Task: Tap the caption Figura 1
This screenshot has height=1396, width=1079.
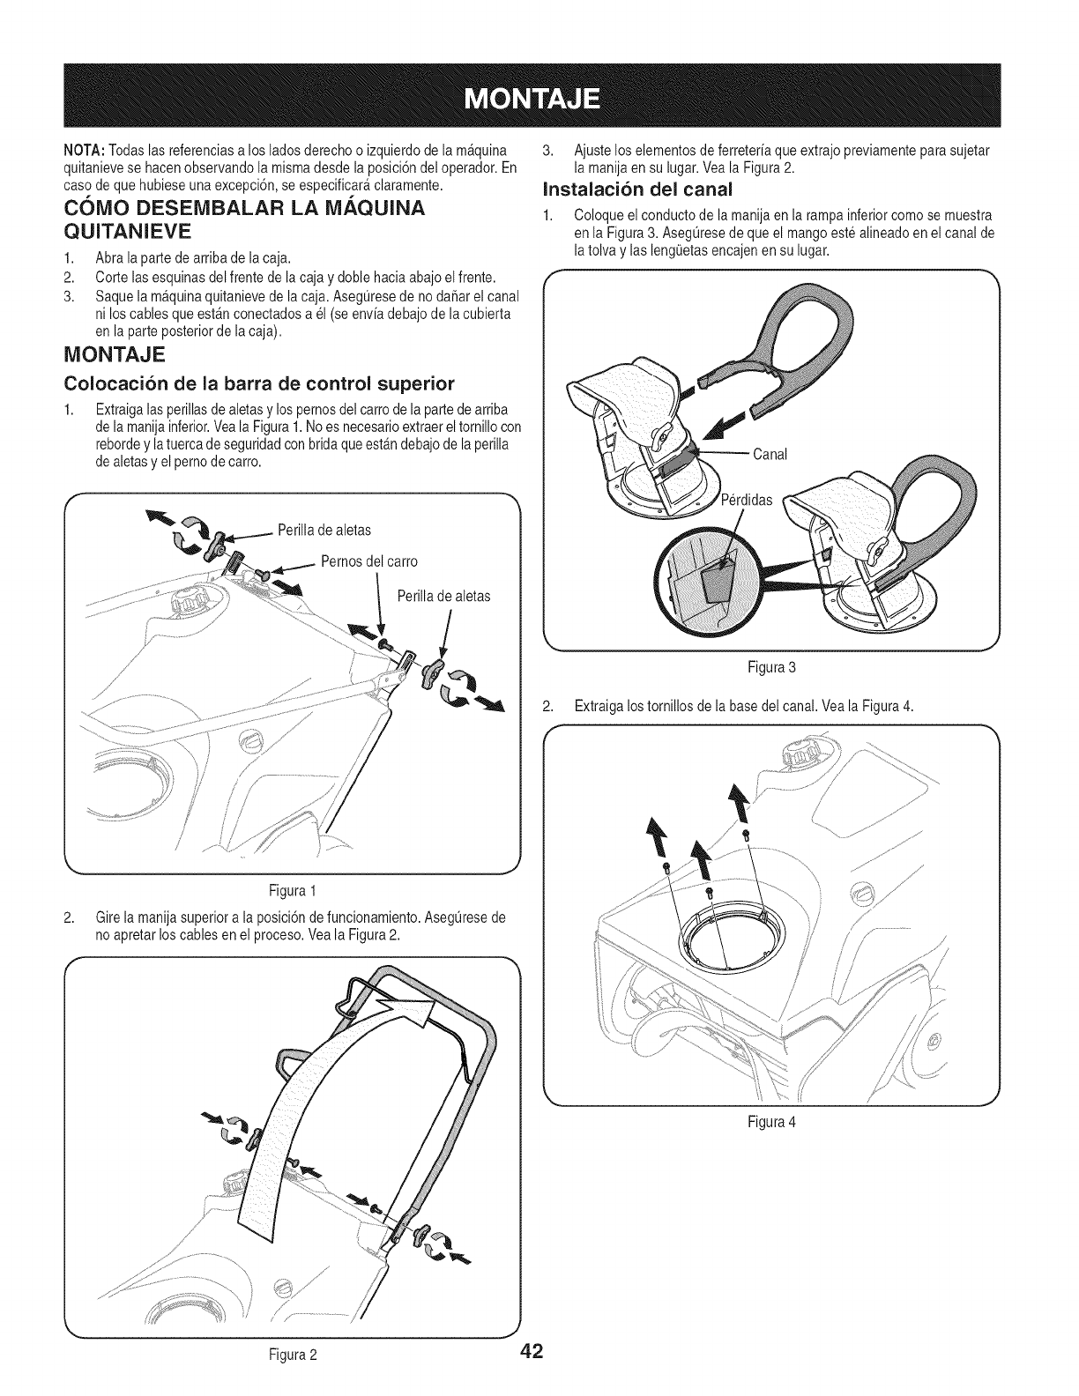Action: point(289,887)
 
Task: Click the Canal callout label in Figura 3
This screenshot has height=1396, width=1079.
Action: point(769,454)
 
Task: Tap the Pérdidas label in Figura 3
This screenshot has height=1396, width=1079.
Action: point(746,501)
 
